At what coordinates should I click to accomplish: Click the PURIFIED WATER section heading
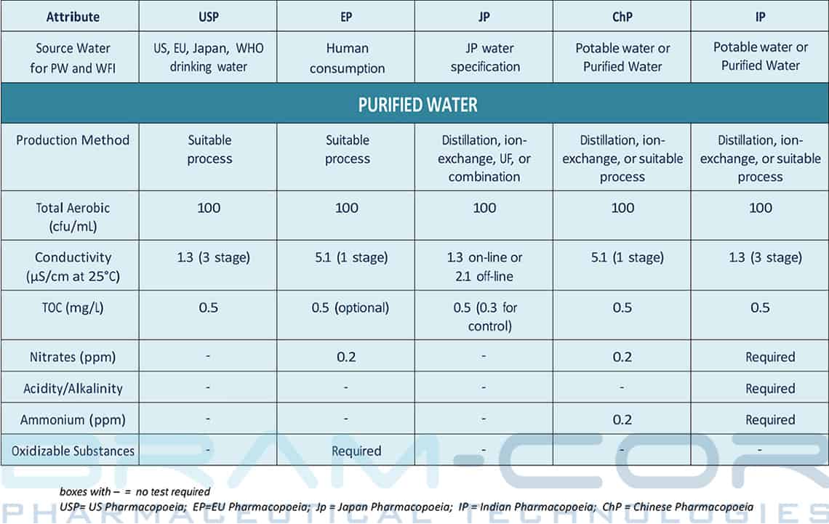pyautogui.click(x=417, y=105)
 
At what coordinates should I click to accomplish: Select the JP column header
pyautogui.click(x=484, y=16)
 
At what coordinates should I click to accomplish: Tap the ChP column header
pyautogui.click(x=622, y=16)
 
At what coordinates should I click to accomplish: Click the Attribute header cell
pyautogui.click(x=73, y=16)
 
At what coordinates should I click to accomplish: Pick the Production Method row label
pyautogui.click(x=73, y=140)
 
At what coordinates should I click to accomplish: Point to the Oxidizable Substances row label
pyautogui.click(x=73, y=451)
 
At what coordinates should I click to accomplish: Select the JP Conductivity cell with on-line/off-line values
pyautogui.click(x=484, y=266)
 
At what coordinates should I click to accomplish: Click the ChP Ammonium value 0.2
pyautogui.click(x=622, y=419)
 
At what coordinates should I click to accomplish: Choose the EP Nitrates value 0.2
pyautogui.click(x=346, y=357)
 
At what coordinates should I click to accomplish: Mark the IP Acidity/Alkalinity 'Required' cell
pyautogui.click(x=770, y=388)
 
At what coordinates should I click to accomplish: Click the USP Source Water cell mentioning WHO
pyautogui.click(x=209, y=57)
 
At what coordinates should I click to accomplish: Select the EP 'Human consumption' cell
pyautogui.click(x=347, y=58)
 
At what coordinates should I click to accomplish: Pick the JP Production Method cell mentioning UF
pyautogui.click(x=484, y=158)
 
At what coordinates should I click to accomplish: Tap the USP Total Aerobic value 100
pyautogui.click(x=209, y=208)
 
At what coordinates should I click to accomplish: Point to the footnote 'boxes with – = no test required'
pyautogui.click(x=135, y=492)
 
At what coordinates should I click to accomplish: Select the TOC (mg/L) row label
pyautogui.click(x=73, y=307)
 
